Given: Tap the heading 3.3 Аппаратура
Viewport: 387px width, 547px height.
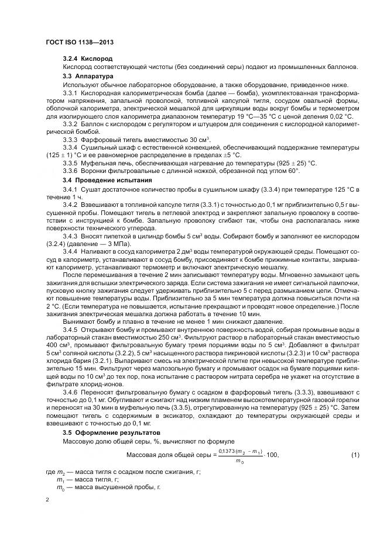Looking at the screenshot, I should (88, 76).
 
